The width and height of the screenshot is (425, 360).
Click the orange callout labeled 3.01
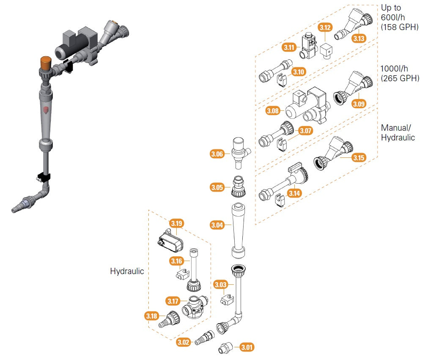coord(247,348)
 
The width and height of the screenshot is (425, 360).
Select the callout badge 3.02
coord(184,342)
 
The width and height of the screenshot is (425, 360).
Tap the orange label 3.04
coord(217,225)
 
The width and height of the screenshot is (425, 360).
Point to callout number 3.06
coord(217,154)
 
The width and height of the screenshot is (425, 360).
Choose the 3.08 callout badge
coord(273,111)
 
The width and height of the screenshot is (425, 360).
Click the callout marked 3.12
coord(325,28)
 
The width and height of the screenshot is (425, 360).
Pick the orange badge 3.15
coord(359,158)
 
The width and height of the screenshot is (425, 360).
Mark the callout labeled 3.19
coord(176,223)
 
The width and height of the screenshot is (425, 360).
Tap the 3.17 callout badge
coord(173,301)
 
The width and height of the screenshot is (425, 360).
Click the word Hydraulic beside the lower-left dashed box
coord(127,271)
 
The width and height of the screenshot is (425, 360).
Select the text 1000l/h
coord(395,69)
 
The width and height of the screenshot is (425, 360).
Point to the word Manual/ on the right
coord(395,127)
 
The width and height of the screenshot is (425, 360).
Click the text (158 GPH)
coord(400,27)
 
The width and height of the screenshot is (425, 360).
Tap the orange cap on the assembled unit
coord(45,63)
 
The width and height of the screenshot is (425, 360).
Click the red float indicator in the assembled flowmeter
coord(46,111)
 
